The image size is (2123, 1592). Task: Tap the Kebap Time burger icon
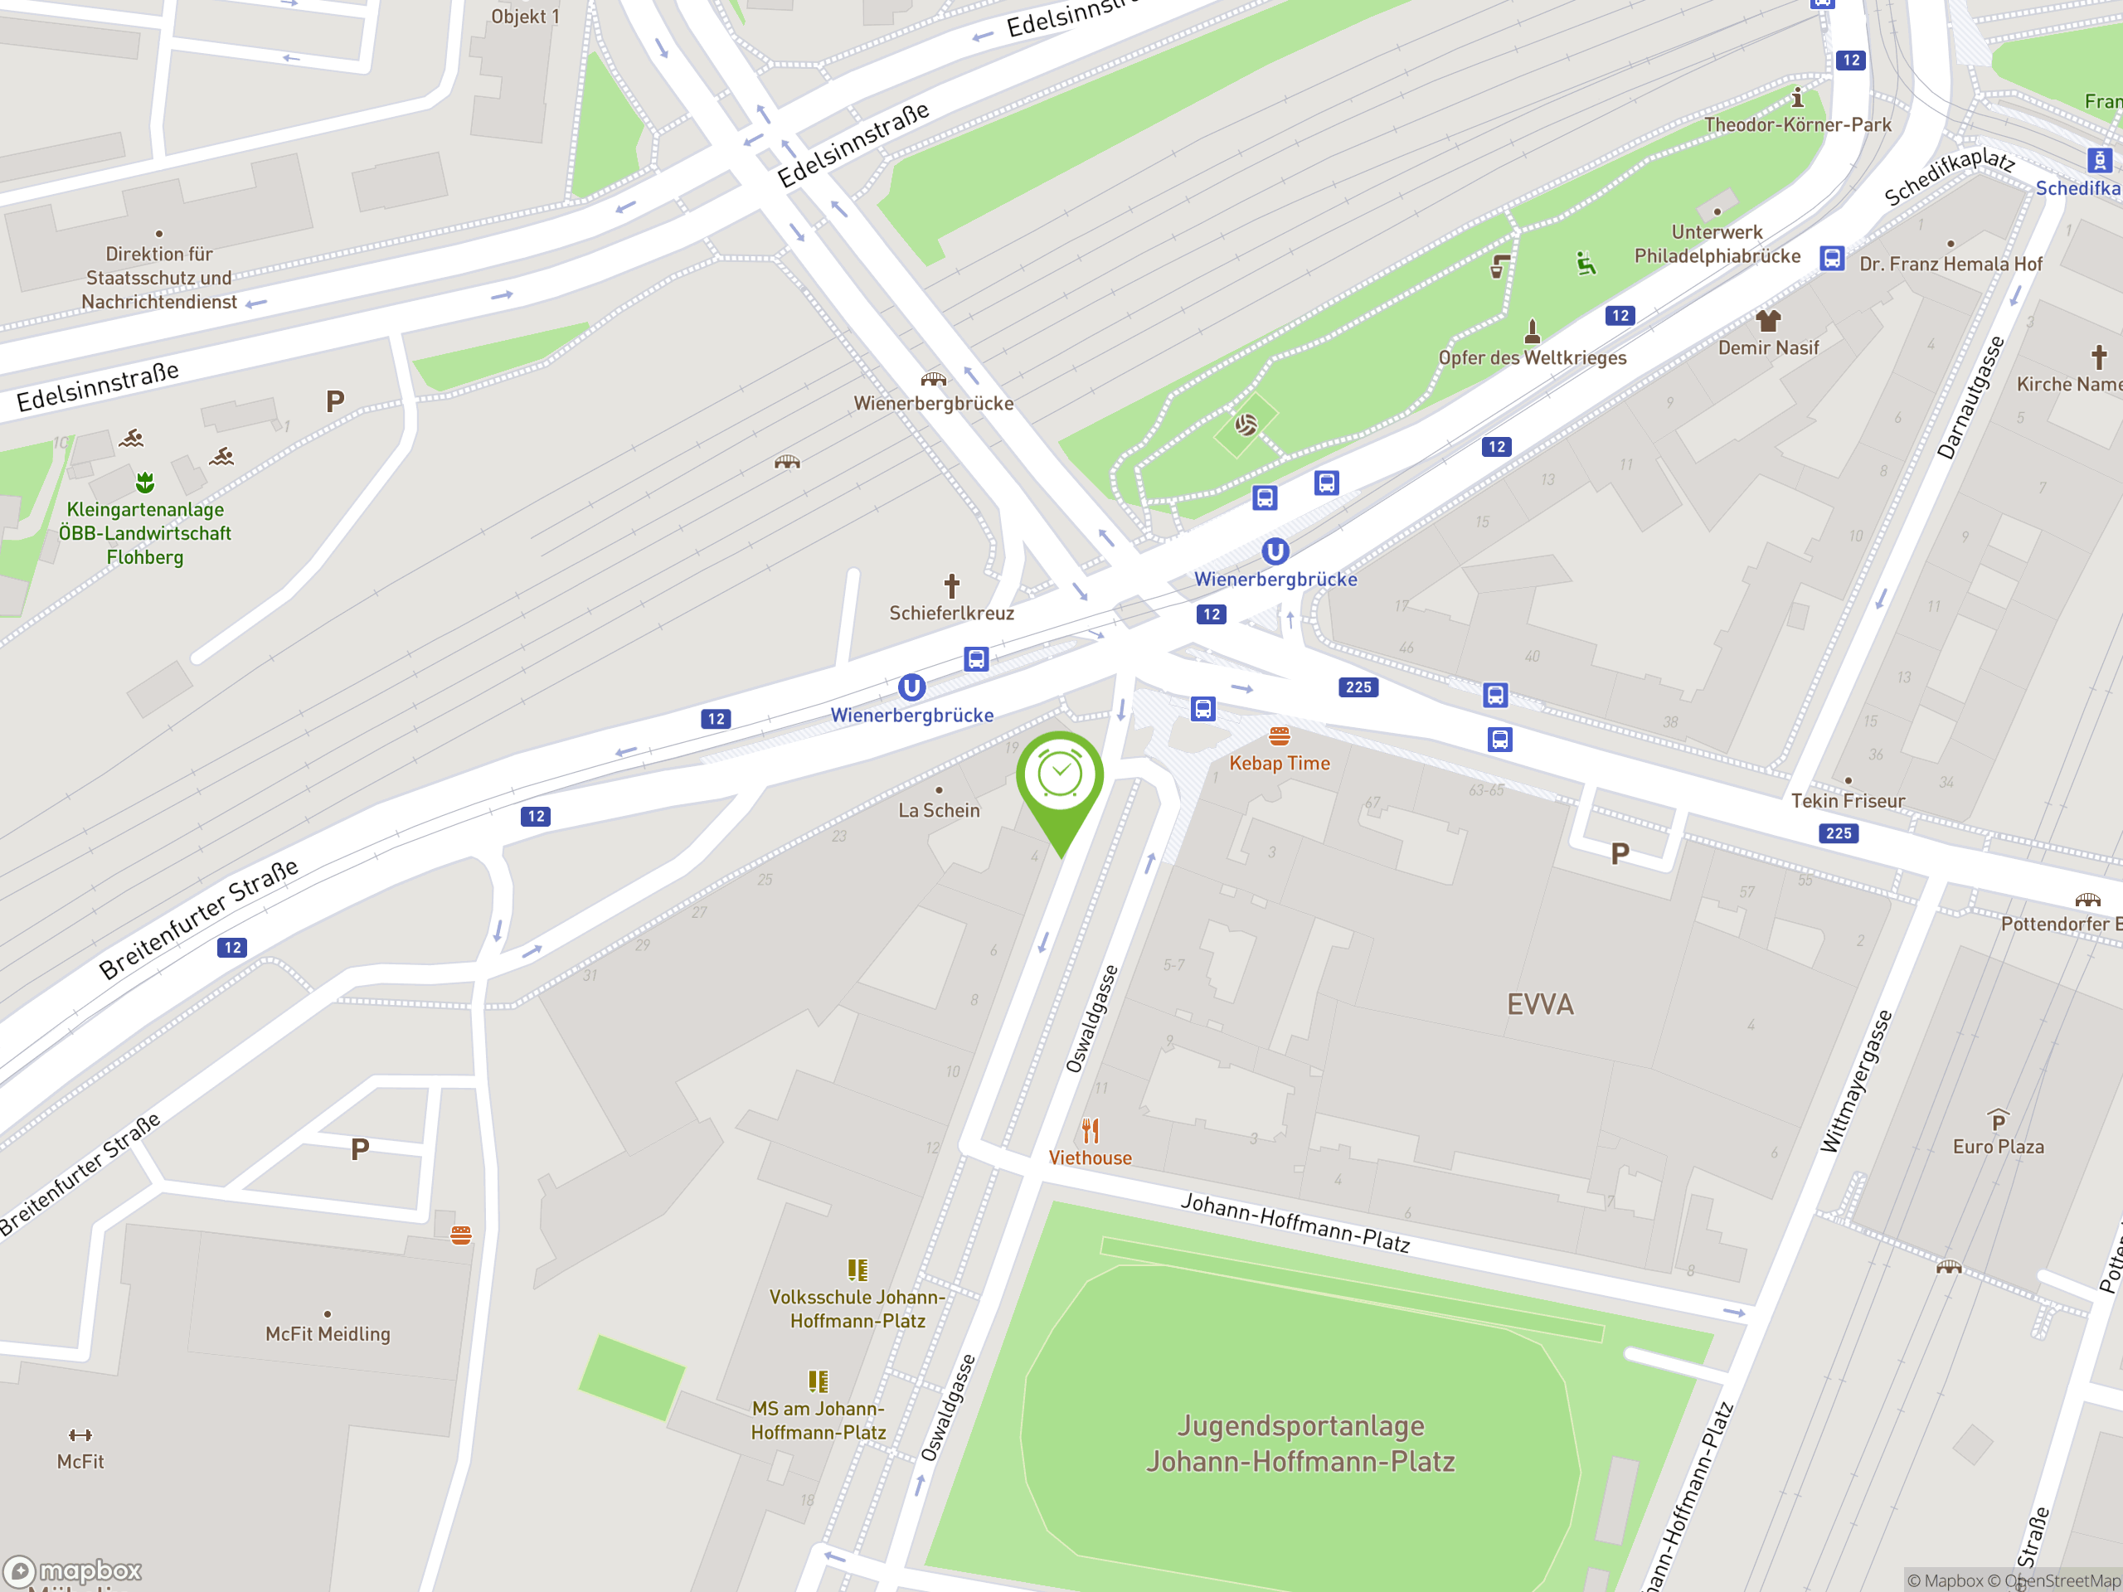(1280, 736)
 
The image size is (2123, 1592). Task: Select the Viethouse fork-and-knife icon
(1091, 1130)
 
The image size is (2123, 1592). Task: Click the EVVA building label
(1539, 1005)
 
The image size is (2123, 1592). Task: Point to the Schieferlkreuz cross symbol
(951, 585)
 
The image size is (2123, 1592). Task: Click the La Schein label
(939, 811)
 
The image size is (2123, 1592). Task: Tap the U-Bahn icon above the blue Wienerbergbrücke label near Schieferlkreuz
(911, 687)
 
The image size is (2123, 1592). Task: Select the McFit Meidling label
(328, 1334)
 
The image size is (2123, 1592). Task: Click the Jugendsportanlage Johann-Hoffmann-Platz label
(1300, 1444)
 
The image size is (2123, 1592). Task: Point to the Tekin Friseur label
(1848, 800)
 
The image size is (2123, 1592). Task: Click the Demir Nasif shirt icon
(1768, 321)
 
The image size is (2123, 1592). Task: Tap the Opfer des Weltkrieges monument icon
(1532, 332)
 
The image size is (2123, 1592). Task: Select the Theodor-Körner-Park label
(1797, 124)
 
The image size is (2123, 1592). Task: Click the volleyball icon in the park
(1246, 425)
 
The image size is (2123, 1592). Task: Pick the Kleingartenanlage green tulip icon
(145, 481)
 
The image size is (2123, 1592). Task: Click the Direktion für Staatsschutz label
(159, 277)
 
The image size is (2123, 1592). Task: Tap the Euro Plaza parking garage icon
(1999, 1120)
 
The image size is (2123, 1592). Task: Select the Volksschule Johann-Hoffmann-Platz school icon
(857, 1270)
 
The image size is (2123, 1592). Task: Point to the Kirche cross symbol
(2099, 357)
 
